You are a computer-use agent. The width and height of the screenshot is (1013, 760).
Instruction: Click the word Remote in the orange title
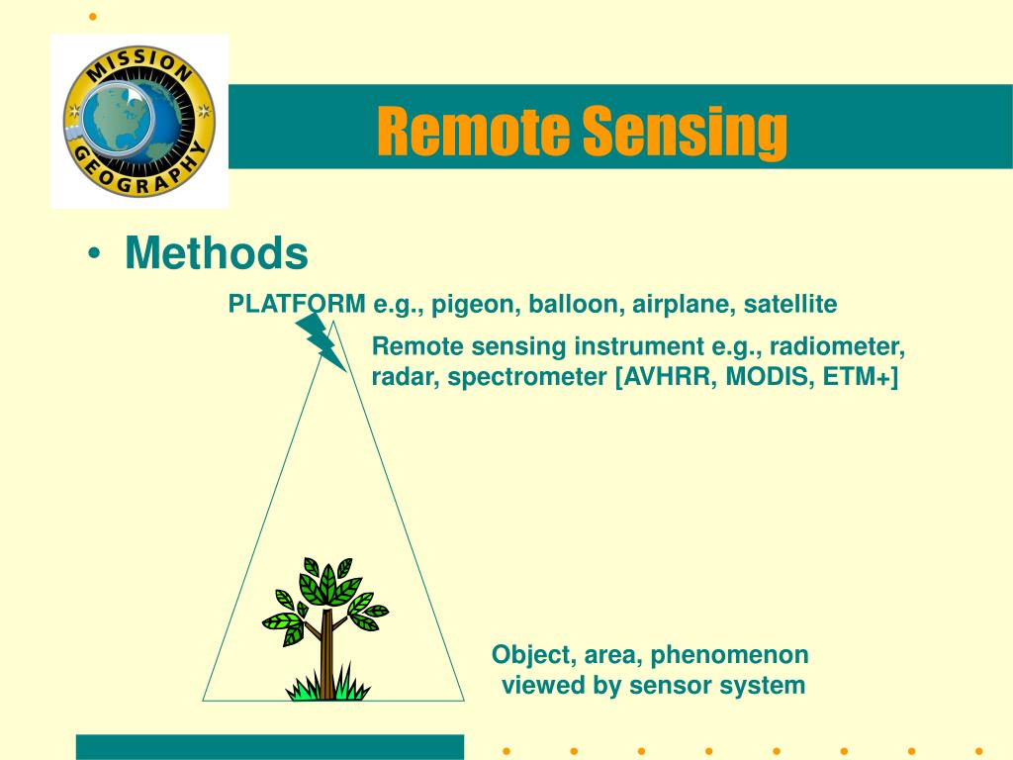point(473,131)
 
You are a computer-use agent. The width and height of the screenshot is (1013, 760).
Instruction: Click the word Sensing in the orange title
point(686,134)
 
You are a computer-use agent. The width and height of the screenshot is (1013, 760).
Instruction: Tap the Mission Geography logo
point(139,121)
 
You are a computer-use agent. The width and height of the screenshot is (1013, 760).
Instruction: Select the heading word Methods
point(217,252)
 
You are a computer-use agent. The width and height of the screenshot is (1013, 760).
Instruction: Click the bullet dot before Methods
point(94,253)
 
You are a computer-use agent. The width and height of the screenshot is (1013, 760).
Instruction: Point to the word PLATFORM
point(297,304)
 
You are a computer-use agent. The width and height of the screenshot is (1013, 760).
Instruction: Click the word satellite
point(790,304)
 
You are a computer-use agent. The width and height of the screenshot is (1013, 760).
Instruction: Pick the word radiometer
point(837,347)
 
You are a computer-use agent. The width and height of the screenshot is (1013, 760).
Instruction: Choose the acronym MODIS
point(770,376)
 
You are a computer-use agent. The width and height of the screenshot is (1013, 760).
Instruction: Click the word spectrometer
point(527,377)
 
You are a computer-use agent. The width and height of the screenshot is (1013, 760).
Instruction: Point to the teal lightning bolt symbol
point(321,341)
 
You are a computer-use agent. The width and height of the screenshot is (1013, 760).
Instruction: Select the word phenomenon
point(729,656)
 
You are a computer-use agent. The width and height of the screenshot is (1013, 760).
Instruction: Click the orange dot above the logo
point(93,17)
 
